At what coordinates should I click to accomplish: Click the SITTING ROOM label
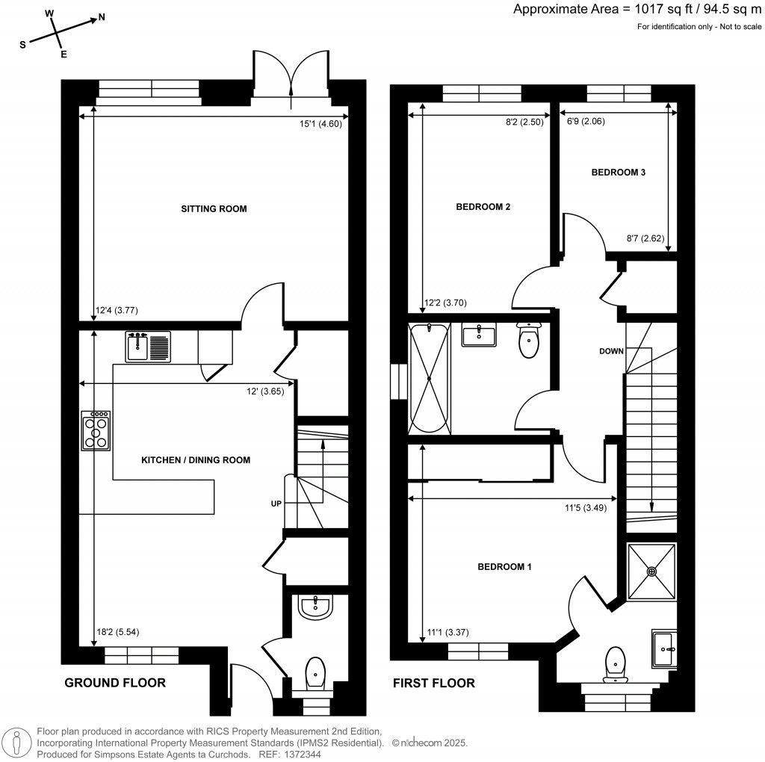(214, 208)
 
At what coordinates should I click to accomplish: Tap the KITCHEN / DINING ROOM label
(196, 460)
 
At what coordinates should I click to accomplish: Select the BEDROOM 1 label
(504, 566)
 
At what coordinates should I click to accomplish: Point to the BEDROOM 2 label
(483, 207)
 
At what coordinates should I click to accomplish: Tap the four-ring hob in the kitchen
(96, 431)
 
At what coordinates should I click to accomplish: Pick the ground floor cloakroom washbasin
(316, 606)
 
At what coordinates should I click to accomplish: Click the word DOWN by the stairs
(610, 350)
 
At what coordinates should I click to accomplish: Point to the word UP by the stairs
(276, 504)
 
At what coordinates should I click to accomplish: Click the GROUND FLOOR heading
(115, 683)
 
